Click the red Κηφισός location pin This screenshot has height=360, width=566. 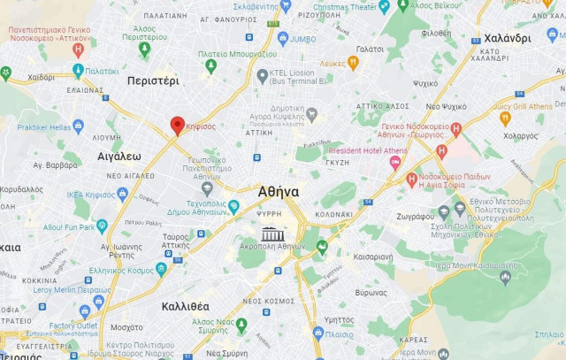pyautogui.click(x=177, y=126)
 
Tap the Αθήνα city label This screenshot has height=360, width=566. pyautogui.click(x=279, y=191)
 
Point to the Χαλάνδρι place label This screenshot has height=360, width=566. pyautogui.click(x=508, y=38)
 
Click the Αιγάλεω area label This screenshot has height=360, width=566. pyautogui.click(x=119, y=155)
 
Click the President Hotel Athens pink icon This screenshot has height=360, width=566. pyautogui.click(x=394, y=162)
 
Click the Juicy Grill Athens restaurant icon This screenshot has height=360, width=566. pyautogui.click(x=505, y=117)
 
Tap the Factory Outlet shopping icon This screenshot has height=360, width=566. pyautogui.click(x=85, y=310)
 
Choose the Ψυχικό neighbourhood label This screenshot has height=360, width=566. pyautogui.click(x=424, y=83)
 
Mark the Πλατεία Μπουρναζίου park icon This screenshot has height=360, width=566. pyautogui.click(x=210, y=66)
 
